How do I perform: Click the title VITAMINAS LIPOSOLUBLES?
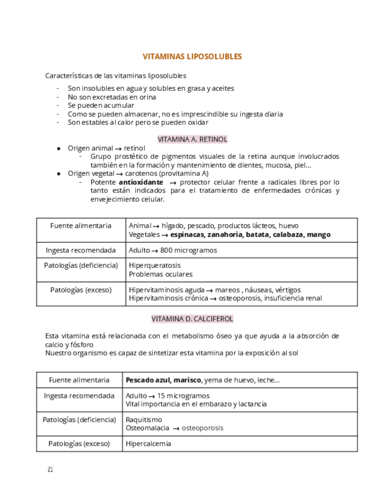192,57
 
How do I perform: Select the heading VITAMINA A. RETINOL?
192,139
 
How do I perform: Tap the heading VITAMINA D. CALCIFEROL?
192,319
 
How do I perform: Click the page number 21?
51,470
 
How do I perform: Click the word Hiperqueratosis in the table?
155,266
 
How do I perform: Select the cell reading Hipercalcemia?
148,444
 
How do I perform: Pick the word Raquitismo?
143,420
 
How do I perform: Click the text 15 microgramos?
183,396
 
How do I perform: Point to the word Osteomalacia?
147,428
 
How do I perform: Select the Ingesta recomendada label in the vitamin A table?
81,250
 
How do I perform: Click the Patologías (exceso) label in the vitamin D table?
79,444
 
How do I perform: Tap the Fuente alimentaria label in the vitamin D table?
79,380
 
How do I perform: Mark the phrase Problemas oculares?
160,274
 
